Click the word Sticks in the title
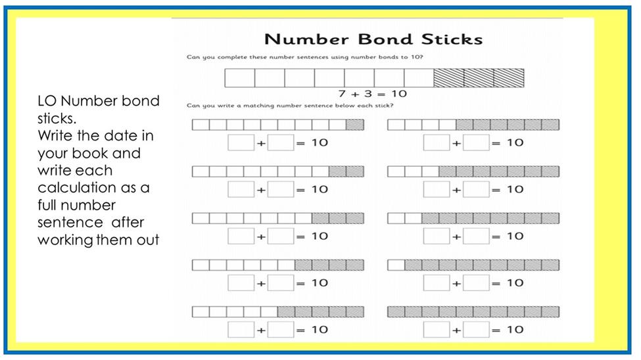(x=452, y=39)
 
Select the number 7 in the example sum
(x=342, y=93)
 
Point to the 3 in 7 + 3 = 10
(x=368, y=93)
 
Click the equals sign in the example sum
(x=381, y=95)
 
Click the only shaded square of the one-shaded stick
(x=355, y=125)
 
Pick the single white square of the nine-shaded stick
(x=396, y=265)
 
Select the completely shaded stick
(x=473, y=312)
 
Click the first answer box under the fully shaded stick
(x=437, y=330)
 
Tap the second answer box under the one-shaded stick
(x=281, y=143)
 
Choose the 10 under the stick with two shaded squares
(x=320, y=189)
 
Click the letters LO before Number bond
(x=47, y=101)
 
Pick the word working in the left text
(x=66, y=240)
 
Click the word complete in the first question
(x=232, y=57)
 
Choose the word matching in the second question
(x=258, y=106)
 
